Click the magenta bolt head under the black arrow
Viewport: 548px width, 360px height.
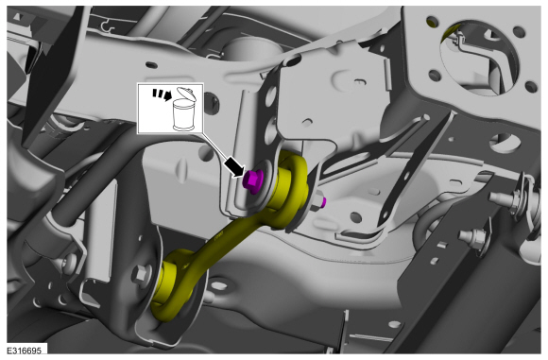[252, 181]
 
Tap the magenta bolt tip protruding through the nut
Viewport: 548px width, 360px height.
[324, 201]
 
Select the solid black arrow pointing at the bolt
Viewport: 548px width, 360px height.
[234, 166]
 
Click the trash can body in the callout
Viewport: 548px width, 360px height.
[184, 114]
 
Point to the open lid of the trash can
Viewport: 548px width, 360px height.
[187, 94]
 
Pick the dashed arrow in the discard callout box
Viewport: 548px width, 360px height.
[162, 94]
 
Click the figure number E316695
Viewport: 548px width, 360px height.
[25, 351]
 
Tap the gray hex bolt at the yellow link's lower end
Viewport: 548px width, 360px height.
[141, 274]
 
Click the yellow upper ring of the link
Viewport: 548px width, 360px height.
[293, 189]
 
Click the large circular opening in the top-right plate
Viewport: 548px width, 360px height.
[480, 58]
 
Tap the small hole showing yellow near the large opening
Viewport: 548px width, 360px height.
[432, 22]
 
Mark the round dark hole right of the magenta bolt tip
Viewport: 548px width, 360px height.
[355, 217]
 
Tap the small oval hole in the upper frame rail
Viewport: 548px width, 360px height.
[150, 64]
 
